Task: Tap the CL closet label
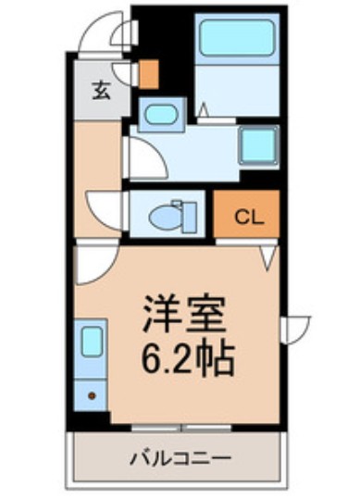(246, 218)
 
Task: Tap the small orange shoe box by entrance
(148, 75)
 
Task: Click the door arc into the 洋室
(93, 264)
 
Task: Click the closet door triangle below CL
(267, 254)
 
